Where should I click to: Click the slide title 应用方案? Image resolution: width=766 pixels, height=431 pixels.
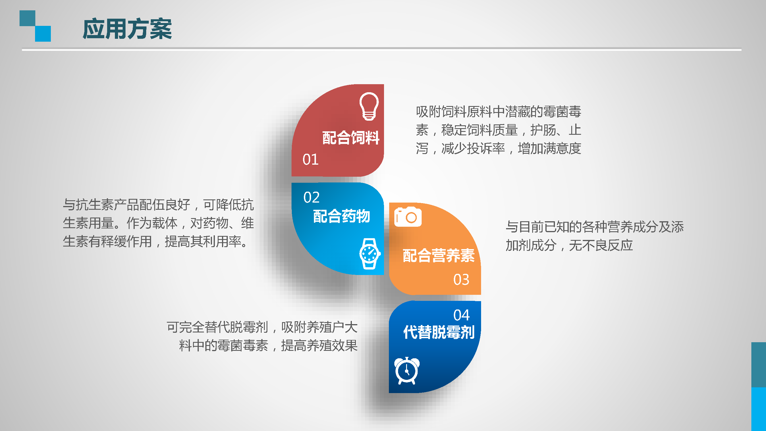(127, 29)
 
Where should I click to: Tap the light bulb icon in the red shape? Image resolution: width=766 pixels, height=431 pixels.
(369, 106)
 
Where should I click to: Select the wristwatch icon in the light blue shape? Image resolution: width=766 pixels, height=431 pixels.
(370, 254)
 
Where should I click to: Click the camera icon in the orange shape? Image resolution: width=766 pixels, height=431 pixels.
(408, 217)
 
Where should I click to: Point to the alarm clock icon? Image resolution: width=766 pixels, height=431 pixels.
(407, 371)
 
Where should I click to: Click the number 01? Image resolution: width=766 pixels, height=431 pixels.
(310, 159)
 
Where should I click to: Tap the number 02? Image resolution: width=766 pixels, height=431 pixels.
(311, 197)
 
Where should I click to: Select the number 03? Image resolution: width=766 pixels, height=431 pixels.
(461, 280)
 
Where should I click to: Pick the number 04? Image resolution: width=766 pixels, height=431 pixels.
(461, 315)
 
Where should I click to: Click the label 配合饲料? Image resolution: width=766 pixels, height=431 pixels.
(351, 138)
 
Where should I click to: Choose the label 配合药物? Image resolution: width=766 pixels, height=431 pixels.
(341, 216)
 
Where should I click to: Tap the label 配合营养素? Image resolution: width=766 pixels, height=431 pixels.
(439, 255)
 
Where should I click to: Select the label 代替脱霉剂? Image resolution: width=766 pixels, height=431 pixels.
(439, 332)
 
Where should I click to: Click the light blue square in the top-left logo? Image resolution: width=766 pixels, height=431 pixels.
(43, 34)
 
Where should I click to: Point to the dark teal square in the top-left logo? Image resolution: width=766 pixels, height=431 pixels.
(27, 18)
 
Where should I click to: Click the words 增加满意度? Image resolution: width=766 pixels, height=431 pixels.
(549, 149)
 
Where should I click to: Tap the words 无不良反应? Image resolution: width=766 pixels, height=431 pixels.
(601, 245)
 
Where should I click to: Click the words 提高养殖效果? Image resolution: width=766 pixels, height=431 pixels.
(319, 346)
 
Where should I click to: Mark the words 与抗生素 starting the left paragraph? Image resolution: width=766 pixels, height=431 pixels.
(88, 205)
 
